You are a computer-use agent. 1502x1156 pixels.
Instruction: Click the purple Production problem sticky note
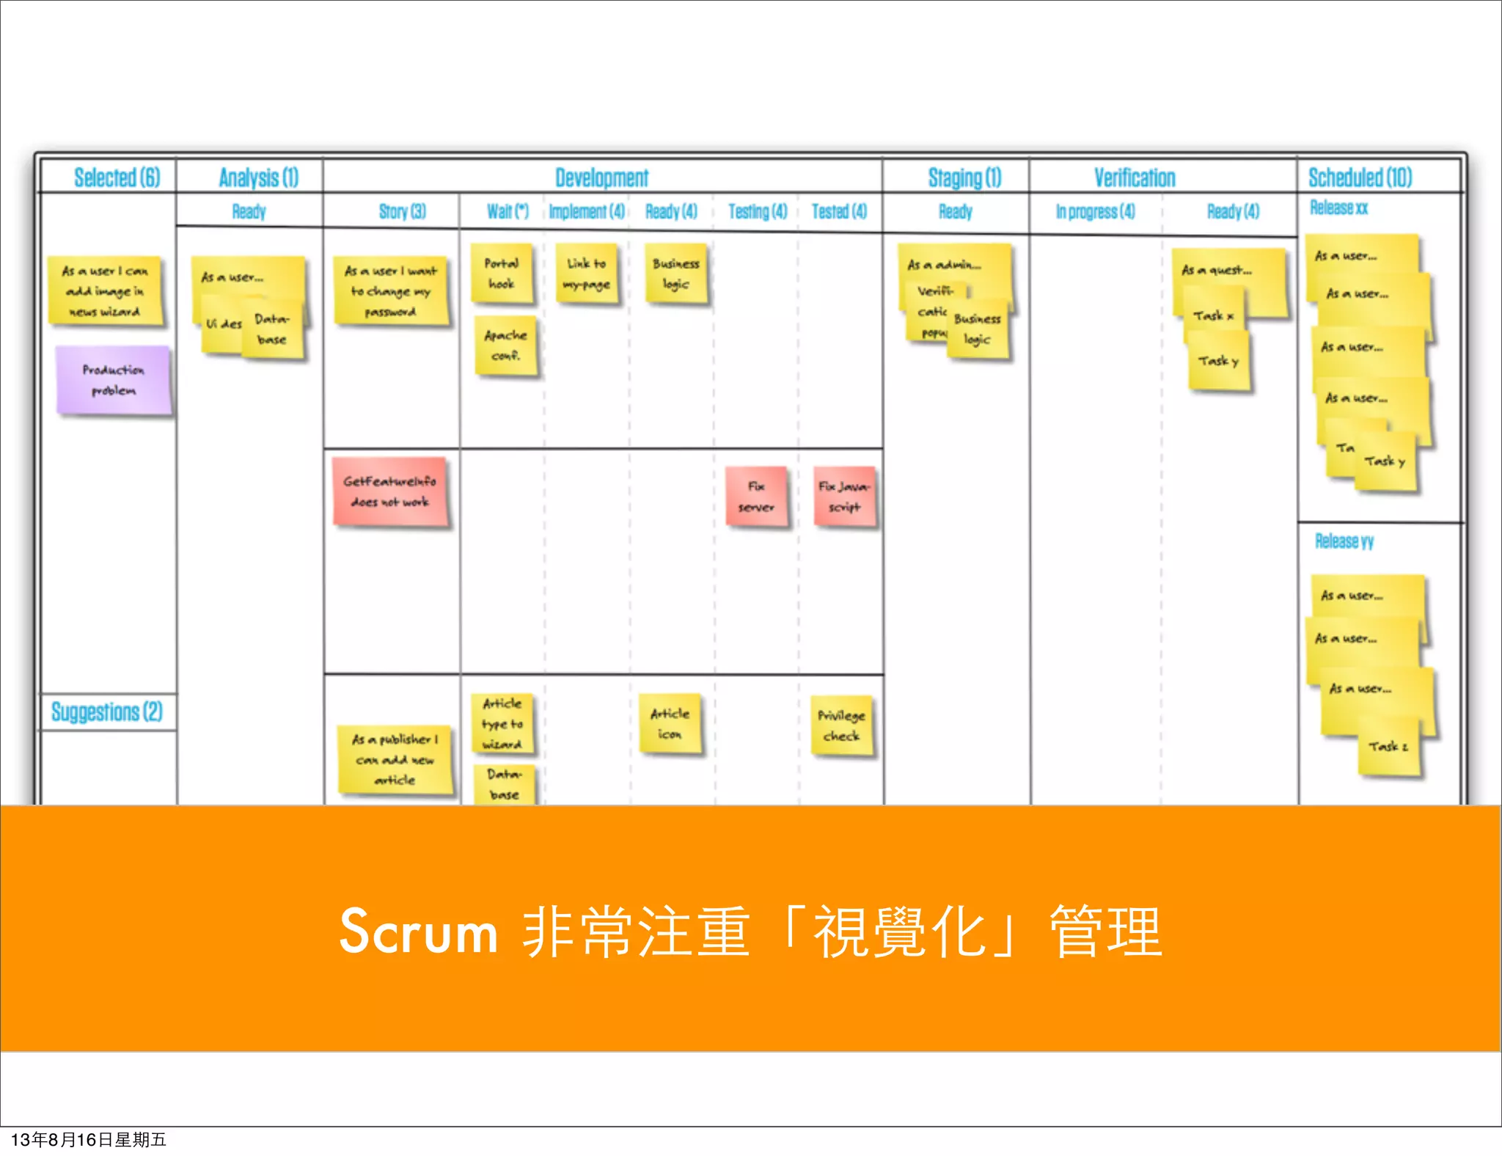coord(113,381)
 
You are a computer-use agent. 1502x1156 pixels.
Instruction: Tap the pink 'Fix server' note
coord(756,497)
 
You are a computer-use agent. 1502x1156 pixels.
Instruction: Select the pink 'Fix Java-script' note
coord(844,497)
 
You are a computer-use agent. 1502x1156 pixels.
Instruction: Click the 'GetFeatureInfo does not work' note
coord(389,491)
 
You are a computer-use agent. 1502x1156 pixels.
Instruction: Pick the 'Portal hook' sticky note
coord(502,274)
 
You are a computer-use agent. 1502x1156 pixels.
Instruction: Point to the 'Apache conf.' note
coord(505,345)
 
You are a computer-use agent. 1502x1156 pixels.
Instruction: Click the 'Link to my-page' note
coord(587,274)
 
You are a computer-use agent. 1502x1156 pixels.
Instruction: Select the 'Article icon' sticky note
coord(670,723)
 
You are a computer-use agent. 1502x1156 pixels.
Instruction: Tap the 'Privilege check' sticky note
coord(841,725)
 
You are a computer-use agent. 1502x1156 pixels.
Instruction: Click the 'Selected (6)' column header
coord(117,178)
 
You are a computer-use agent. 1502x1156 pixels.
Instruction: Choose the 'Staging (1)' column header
coord(964,178)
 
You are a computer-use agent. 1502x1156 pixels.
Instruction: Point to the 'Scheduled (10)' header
coord(1360,178)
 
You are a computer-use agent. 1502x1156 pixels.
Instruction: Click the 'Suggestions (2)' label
coord(107,711)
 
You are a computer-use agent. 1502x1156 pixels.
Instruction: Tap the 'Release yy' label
coord(1344,541)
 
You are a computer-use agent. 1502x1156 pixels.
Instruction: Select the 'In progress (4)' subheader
coord(1095,212)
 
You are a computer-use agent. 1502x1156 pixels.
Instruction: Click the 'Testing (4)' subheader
coord(757,212)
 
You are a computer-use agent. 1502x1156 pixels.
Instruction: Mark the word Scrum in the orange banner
coord(418,932)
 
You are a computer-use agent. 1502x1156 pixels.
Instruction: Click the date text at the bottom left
coord(88,1140)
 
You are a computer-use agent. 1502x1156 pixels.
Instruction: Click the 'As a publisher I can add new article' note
coord(395,759)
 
